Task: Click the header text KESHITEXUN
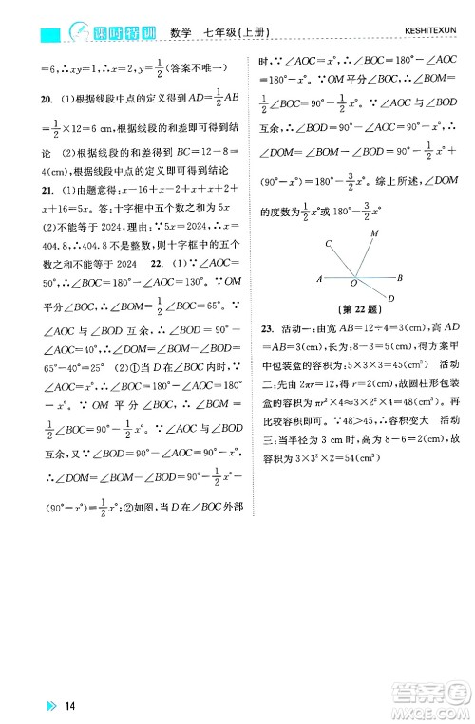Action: click(432, 30)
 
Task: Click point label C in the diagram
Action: click(328, 244)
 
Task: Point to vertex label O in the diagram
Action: click(352, 285)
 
